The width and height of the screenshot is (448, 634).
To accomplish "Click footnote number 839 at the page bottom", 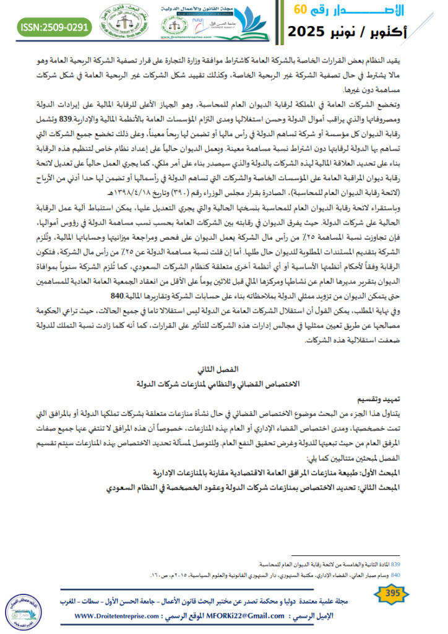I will [x=397, y=565].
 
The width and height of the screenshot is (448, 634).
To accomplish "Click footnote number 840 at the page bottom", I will [x=397, y=575].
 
